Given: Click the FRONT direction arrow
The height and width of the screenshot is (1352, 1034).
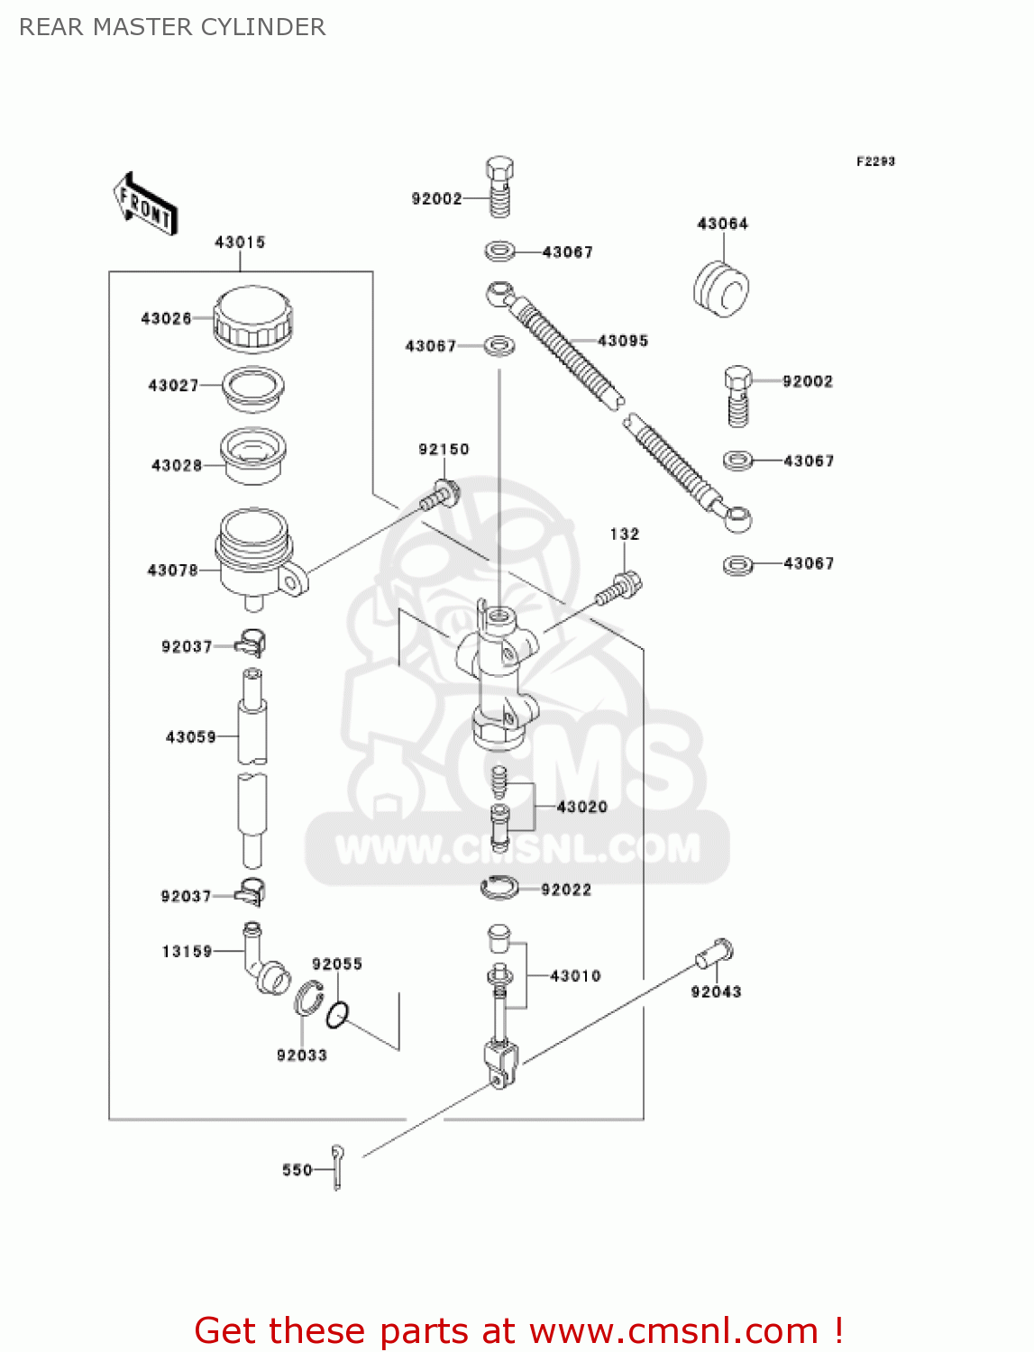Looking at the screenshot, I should point(145,205).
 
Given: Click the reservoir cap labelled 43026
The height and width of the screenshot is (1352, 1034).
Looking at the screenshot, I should point(253,319).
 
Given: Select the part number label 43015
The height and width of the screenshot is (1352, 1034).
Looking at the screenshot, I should point(240,242).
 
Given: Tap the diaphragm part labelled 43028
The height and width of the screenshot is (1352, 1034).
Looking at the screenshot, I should point(253,455).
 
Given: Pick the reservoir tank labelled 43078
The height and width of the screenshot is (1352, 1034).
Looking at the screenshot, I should point(255,554).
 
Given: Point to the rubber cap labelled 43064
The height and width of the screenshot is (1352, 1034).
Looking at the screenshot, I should point(721,288).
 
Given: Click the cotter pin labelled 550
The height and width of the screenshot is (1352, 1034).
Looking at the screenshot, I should point(337,1167).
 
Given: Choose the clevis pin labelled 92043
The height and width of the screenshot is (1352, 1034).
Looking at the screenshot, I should point(715,953).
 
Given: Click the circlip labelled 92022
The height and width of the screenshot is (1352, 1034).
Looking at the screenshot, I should point(499,889).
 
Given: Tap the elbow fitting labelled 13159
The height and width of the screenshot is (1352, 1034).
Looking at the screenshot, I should point(264,960).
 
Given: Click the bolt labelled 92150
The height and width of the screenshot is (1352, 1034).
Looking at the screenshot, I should point(440,495).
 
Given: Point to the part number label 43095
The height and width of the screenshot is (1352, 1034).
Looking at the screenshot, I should point(623,341).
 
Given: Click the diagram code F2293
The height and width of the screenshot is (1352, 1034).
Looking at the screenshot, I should point(875,161).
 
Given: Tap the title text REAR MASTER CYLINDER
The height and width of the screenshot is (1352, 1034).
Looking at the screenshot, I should point(172,27).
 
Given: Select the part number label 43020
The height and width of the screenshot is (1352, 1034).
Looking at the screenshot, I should point(582,807).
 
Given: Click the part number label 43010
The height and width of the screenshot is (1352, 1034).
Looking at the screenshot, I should point(575,976).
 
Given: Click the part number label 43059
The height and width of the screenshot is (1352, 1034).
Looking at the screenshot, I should point(191,737).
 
